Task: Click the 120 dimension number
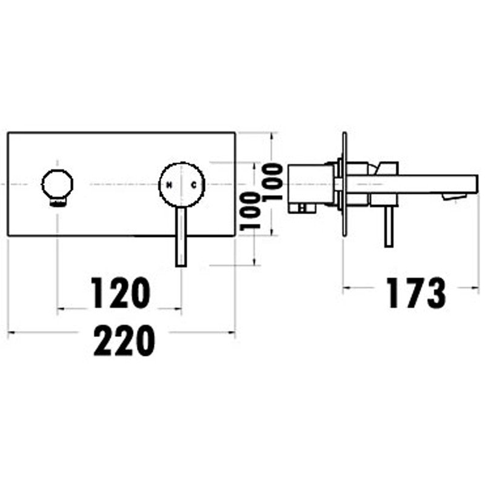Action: click(121, 293)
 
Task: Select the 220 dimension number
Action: click(124, 340)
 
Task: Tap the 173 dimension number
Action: click(416, 293)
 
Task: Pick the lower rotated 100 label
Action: click(250, 211)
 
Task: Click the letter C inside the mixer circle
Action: click(193, 185)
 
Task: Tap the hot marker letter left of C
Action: click(170, 186)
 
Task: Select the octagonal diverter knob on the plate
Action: click(57, 185)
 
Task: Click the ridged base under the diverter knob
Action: click(58, 202)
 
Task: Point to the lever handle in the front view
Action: click(181, 236)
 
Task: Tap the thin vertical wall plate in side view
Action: click(344, 184)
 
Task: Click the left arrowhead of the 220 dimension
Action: click(11, 332)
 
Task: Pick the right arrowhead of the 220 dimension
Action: click(232, 332)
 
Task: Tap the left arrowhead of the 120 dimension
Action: click(61, 309)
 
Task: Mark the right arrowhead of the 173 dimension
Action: click(475, 287)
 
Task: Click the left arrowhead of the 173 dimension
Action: click(347, 287)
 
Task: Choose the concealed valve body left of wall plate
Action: click(311, 189)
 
